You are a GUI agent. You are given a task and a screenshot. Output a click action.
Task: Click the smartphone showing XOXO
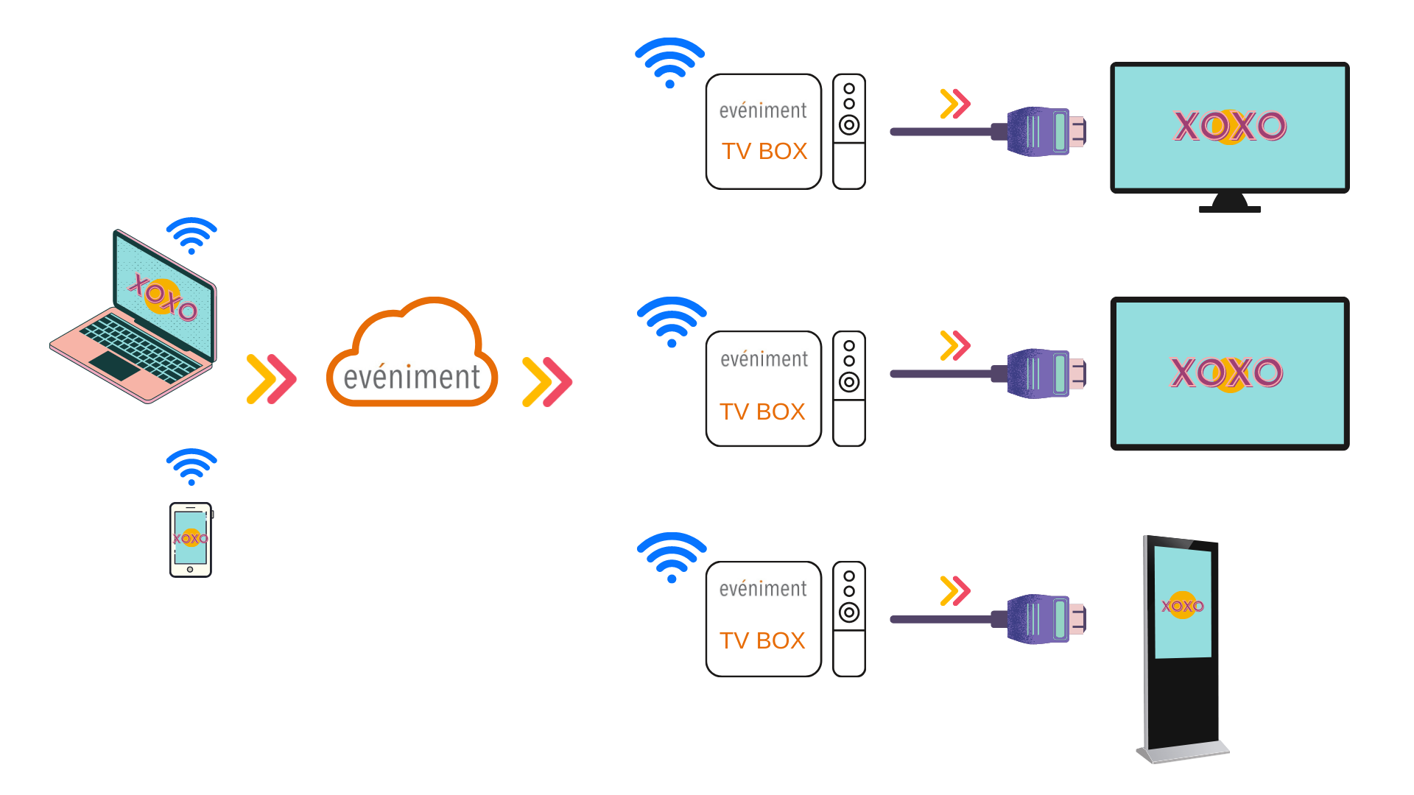coord(191,540)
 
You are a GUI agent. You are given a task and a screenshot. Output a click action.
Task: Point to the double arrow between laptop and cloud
coord(272,379)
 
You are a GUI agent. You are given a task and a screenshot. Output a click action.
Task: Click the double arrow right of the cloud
coord(547,381)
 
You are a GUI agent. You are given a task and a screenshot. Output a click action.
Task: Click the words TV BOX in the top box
coord(764,151)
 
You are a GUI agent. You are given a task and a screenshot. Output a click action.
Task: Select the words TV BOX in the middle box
coord(762,411)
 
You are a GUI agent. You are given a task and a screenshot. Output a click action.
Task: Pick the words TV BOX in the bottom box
coord(762,640)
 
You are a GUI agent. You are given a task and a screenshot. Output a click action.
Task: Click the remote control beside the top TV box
coord(849,131)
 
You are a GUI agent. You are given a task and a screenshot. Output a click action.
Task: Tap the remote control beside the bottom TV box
coord(849,619)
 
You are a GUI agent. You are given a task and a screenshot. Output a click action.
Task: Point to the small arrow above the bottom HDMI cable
coord(955,590)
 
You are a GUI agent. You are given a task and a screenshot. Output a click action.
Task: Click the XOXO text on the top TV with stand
coord(1229,127)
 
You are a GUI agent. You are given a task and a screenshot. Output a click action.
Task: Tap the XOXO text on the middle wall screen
coord(1226,372)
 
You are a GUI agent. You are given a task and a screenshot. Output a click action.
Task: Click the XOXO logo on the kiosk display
coord(1182,606)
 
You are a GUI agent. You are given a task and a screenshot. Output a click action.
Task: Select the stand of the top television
coord(1229,204)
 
